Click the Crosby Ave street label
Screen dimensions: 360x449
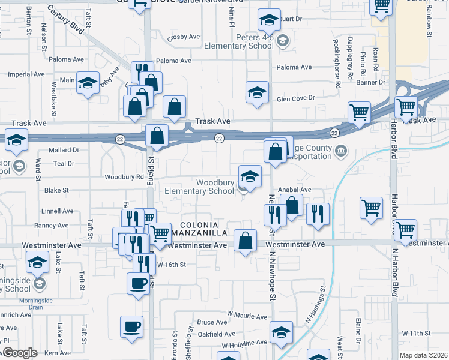(183, 37)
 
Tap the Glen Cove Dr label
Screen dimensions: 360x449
(295, 98)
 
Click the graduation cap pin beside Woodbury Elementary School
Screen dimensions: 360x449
(250, 176)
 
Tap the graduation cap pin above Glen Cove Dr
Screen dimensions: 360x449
(257, 93)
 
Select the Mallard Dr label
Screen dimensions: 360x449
(64, 150)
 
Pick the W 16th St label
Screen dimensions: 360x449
(171, 265)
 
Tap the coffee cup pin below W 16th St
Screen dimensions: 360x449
(138, 283)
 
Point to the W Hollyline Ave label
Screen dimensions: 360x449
(244, 344)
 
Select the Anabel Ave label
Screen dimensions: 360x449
(294, 190)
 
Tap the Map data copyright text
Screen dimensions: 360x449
(423, 355)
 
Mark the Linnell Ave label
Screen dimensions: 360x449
(58, 211)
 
